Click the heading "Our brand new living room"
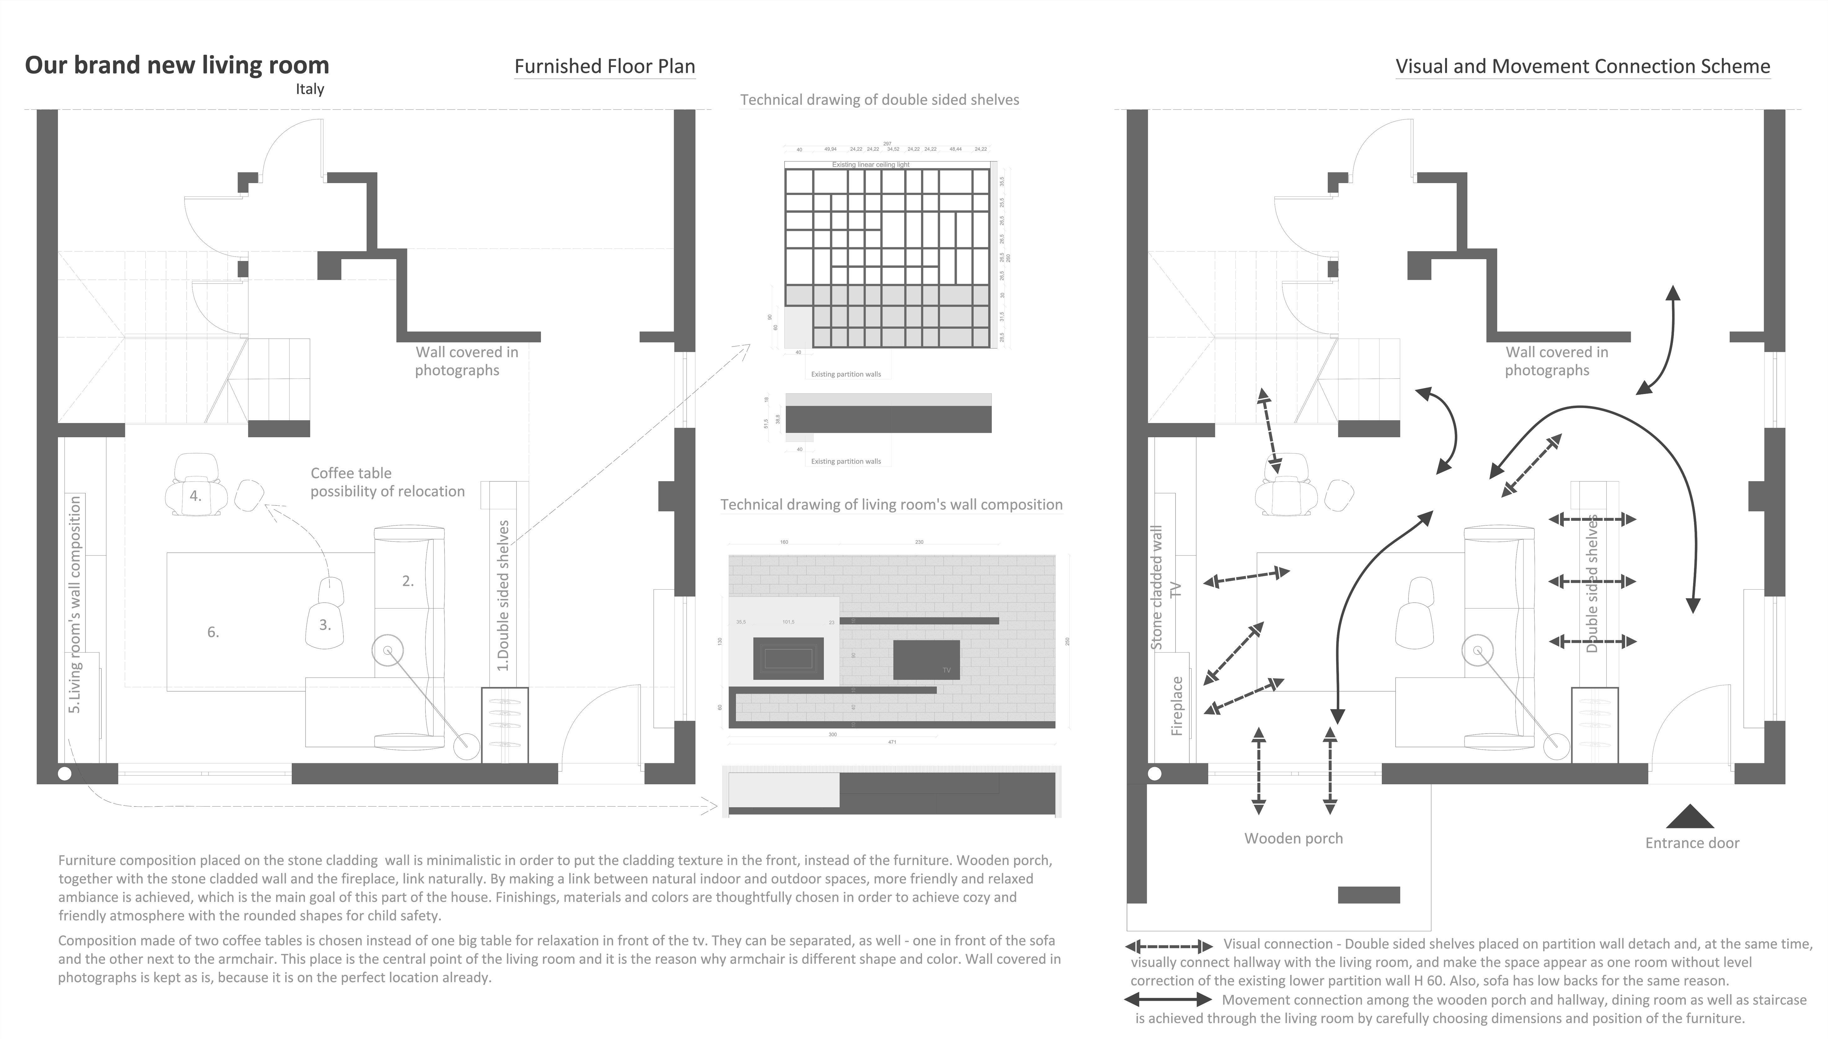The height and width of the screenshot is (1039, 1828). pos(177,65)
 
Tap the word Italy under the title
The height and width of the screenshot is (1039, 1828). pos(310,89)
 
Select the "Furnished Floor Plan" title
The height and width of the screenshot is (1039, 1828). pos(605,66)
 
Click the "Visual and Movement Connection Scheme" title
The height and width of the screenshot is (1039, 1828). pos(1583,66)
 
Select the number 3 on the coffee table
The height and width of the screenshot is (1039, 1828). pos(325,625)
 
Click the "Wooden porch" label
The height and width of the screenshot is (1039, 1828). pos(1293,838)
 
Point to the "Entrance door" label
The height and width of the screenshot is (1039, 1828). pos(1692,843)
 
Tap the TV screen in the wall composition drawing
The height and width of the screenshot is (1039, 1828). pos(926,659)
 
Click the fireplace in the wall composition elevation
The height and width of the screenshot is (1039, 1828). pos(788,658)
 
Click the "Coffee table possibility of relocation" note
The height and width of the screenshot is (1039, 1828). pos(387,482)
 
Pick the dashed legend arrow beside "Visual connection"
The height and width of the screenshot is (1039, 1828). pos(1168,947)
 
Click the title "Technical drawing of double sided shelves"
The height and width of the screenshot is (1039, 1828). pos(879,100)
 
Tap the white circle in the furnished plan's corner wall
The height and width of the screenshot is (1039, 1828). pos(64,774)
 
